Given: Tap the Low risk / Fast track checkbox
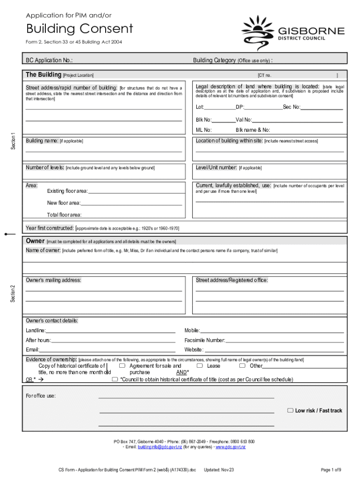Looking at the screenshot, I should (x=291, y=410).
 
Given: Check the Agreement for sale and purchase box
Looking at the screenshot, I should (x=122, y=366).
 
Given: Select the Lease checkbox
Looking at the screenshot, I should (x=199, y=366).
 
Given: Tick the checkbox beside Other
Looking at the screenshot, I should (x=242, y=366).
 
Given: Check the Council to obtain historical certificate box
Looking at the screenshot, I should (x=115, y=380).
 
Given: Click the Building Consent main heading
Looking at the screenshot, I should (x=79, y=29).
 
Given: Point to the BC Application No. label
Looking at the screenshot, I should (x=49, y=60).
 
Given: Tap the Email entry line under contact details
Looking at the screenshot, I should (x=107, y=350).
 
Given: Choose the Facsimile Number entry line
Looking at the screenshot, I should (x=285, y=341).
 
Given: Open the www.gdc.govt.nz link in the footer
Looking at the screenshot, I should (x=230, y=447).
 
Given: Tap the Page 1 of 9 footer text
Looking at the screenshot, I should (x=331, y=470).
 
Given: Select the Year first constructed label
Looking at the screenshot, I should (x=50, y=228).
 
